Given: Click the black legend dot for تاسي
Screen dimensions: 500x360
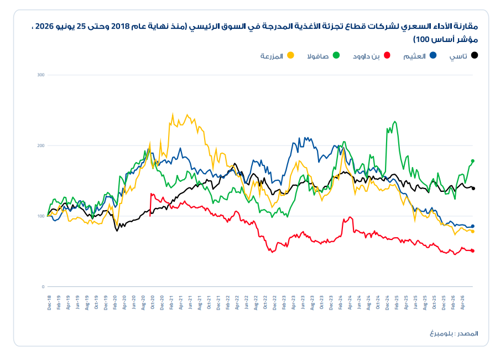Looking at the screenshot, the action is click(x=475, y=55).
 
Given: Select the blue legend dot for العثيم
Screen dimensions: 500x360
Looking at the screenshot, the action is click(x=433, y=55).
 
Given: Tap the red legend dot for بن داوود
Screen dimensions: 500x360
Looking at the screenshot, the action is click(x=387, y=55).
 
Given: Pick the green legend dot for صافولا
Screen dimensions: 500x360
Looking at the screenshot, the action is click(x=336, y=55).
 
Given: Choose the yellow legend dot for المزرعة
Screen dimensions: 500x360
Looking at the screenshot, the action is click(x=290, y=55).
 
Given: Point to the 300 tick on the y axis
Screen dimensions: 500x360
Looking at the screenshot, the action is click(x=41, y=75).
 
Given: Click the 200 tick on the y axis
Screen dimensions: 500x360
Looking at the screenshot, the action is click(x=41, y=146).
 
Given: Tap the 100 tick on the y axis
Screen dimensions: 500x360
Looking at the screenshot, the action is click(x=41, y=216).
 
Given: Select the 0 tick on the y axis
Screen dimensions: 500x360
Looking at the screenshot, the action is click(x=43, y=286).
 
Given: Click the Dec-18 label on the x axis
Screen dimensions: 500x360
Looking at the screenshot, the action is click(x=49, y=302).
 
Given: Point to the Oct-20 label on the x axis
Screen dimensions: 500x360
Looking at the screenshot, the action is click(x=153, y=302).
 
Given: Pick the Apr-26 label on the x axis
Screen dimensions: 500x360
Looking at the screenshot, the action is click(x=462, y=302).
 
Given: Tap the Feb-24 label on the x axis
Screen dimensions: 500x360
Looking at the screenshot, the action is click(x=340, y=302).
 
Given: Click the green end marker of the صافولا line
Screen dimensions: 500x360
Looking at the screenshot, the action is click(x=472, y=161).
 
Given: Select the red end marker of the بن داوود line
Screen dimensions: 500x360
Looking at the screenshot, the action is click(x=472, y=251).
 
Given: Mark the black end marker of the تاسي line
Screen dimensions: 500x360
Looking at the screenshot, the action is click(x=473, y=189).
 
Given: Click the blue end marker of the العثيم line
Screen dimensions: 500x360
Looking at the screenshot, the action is click(x=472, y=226).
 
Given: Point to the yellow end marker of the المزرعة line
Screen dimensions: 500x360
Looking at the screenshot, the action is click(x=472, y=232).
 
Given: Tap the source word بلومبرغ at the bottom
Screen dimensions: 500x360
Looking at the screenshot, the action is click(x=441, y=333).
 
